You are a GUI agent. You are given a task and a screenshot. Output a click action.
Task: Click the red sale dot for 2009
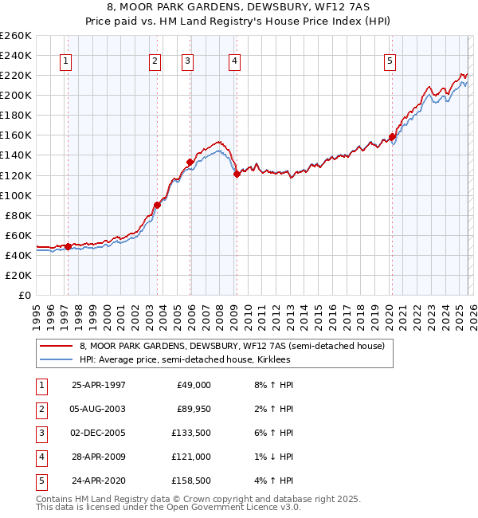click(237, 175)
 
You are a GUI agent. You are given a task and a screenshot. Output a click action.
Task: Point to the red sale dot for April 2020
click(392, 136)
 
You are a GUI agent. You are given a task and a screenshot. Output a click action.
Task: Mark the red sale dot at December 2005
click(190, 162)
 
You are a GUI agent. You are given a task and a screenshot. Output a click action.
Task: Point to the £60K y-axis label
click(18, 235)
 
